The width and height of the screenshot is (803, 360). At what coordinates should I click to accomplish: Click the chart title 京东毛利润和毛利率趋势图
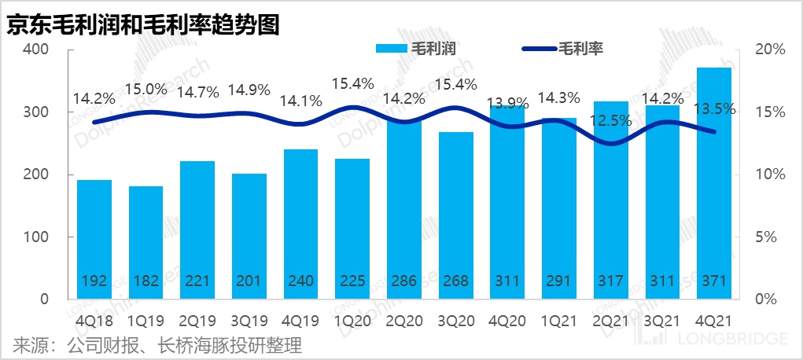[144, 23]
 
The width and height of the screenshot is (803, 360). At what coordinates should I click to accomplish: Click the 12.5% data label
[612, 120]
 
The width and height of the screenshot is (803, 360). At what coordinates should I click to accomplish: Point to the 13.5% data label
[716, 109]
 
